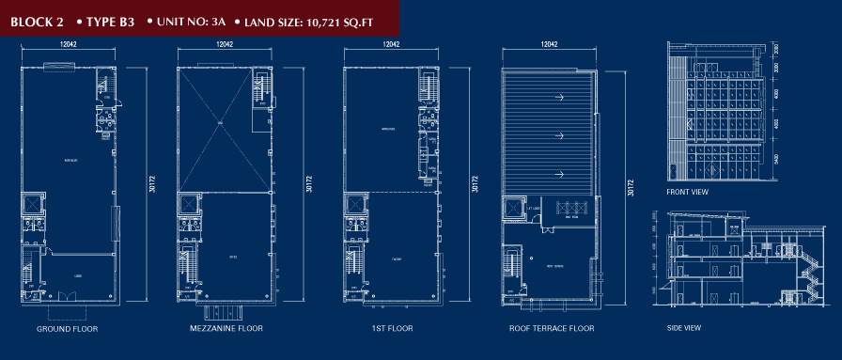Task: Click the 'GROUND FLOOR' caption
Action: coord(67,330)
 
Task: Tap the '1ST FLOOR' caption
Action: coord(385,330)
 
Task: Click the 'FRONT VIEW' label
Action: coord(687,193)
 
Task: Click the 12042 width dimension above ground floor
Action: coord(66,44)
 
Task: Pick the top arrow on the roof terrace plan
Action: coord(558,97)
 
